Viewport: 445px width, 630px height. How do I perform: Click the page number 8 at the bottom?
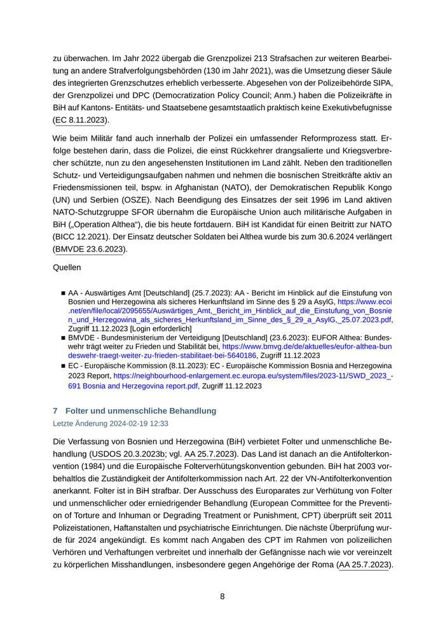[222, 596]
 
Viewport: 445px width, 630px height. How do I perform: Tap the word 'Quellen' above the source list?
[67, 268]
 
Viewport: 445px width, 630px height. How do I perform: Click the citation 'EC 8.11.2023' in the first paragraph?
[81, 120]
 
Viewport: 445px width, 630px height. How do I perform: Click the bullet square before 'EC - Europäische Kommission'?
[64, 367]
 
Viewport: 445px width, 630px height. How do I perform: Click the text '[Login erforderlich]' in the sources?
[161, 328]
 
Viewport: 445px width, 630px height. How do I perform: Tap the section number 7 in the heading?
[55, 410]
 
